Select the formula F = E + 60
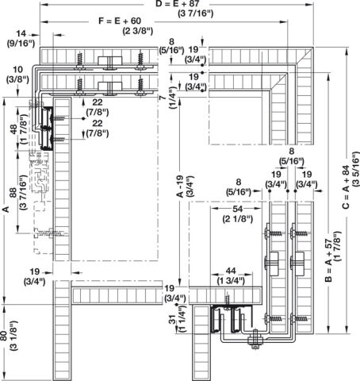pyautogui.click(x=120, y=21)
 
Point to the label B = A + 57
pyautogui.click(x=328, y=260)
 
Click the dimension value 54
pyautogui.click(x=237, y=209)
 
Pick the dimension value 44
pyautogui.click(x=231, y=271)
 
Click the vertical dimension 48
pyautogui.click(x=13, y=129)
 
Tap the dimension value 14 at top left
pyautogui.click(x=21, y=33)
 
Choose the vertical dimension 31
pyautogui.click(x=172, y=319)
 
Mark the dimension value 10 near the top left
pyautogui.click(x=18, y=70)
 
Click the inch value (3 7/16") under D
pyautogui.click(x=196, y=13)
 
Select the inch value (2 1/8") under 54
pyautogui.click(x=238, y=219)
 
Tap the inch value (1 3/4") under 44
pyautogui.click(x=231, y=280)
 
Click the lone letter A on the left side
pyautogui.click(x=6, y=210)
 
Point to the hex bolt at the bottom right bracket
pyautogui.click(x=255, y=340)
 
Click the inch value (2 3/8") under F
pyautogui.click(x=138, y=31)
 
